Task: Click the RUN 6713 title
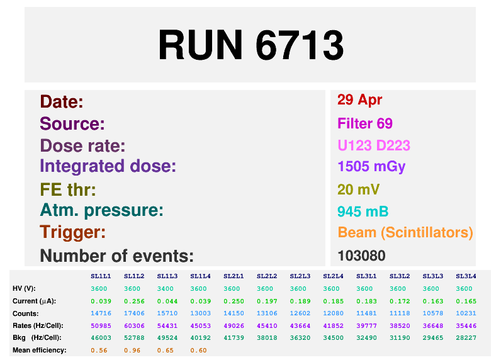(250, 45)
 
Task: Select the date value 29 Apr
(359, 99)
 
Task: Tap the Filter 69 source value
(365, 123)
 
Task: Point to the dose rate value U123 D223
(374, 145)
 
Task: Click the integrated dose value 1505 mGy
(371, 166)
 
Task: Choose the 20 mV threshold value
(359, 189)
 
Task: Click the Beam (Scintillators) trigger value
(405, 232)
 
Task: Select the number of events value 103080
(361, 256)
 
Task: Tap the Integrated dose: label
(108, 166)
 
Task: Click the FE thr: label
(68, 189)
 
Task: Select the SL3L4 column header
(466, 276)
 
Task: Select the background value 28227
(466, 337)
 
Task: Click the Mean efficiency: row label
(40, 350)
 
